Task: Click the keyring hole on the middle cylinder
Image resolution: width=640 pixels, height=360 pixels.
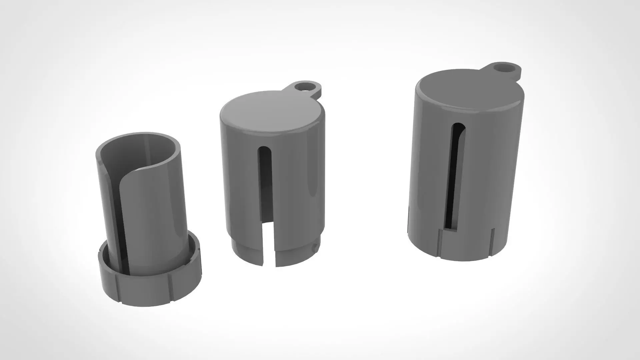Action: point(304,87)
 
